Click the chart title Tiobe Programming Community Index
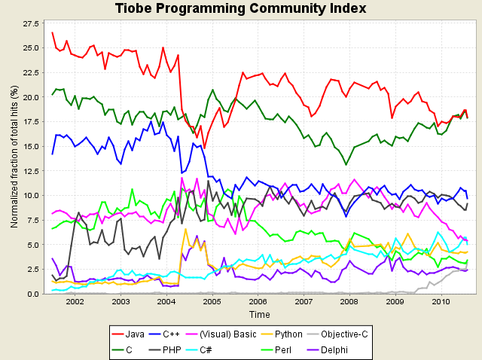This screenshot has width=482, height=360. pos(241,9)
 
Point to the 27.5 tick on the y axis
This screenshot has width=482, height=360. pos(32,24)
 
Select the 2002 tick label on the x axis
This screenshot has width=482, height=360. pos(75,302)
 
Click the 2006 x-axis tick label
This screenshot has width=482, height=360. pos(258,302)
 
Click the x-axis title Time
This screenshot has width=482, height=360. pos(259,314)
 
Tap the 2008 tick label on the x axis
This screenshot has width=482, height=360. pos(349,302)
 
